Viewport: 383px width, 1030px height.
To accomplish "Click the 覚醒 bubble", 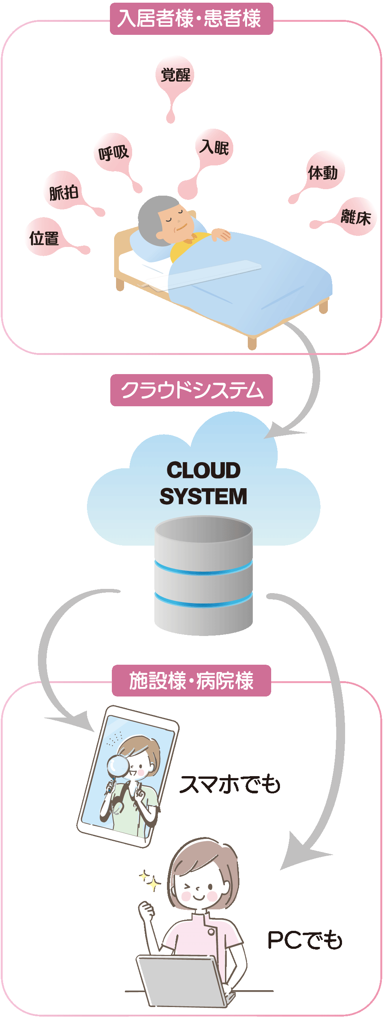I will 175,75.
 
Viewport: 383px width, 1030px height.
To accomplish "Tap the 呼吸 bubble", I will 113,152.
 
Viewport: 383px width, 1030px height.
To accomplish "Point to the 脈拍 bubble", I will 63,192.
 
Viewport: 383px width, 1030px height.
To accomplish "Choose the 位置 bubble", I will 44,238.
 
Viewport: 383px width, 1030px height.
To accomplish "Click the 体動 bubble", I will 323,173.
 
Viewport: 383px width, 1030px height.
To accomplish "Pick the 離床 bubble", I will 355,217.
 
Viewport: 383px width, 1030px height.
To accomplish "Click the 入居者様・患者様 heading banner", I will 191,19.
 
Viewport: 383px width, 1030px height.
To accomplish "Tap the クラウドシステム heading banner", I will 191,390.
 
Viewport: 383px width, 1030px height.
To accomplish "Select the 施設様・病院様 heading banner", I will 191,680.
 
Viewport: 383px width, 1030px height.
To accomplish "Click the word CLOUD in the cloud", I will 203,470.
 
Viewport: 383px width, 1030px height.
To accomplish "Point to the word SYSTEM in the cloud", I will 203,496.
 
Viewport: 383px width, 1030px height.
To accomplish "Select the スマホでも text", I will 230,784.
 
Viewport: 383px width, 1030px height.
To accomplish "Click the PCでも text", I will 304,940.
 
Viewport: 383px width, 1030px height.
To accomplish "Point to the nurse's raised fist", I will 146,910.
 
